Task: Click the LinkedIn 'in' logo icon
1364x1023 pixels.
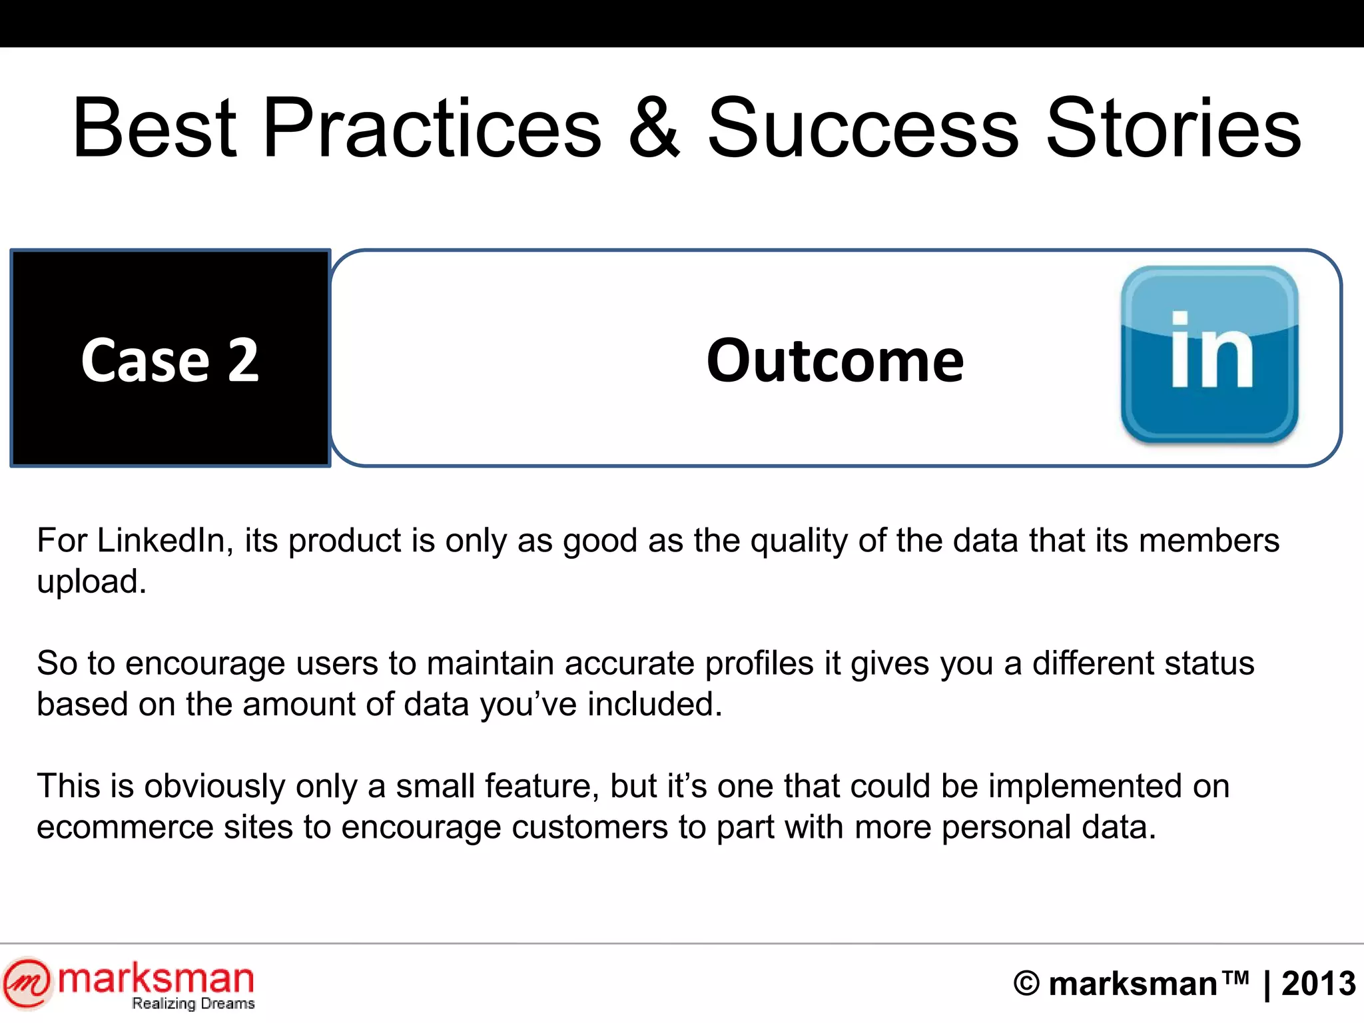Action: [x=1209, y=354]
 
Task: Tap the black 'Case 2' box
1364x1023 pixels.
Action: [x=170, y=358]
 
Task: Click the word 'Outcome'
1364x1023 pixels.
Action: [x=835, y=360]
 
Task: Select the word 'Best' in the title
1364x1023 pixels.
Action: [x=154, y=128]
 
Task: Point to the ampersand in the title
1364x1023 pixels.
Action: [x=654, y=128]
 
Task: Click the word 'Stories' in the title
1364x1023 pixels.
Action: [x=1173, y=128]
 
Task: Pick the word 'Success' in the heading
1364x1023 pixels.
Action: [x=862, y=128]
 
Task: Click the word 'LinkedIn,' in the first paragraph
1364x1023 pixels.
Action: [x=165, y=540]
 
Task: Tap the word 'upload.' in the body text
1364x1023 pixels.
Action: [x=91, y=581]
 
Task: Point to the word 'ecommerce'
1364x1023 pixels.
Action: [x=124, y=827]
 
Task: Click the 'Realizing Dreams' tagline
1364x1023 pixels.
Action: [x=193, y=1004]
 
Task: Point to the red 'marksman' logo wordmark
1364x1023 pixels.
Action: [x=156, y=980]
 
